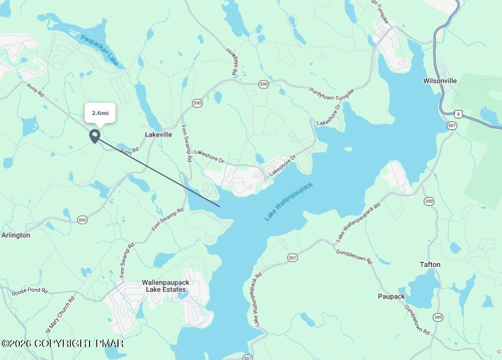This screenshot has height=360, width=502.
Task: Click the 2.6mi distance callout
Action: (100, 113)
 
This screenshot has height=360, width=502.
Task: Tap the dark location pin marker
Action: (95, 136)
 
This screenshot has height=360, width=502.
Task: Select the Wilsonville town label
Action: (440, 81)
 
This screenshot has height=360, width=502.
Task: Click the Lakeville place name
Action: (158, 134)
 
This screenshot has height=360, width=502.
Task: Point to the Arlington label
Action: (15, 235)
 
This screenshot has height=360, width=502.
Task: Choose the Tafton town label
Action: (430, 264)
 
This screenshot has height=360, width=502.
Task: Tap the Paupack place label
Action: (391, 296)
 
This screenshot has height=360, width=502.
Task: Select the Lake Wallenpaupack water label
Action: (289, 201)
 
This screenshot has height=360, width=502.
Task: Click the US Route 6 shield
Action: (459, 114)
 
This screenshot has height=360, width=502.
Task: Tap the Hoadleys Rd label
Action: (232, 61)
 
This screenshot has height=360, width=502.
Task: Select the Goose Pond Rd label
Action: (30, 290)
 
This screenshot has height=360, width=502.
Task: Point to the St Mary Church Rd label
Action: (60, 315)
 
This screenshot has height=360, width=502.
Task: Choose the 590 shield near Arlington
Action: (83, 219)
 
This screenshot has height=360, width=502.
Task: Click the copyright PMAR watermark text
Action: (62, 344)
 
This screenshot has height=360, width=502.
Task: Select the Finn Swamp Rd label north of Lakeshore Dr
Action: (186, 143)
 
